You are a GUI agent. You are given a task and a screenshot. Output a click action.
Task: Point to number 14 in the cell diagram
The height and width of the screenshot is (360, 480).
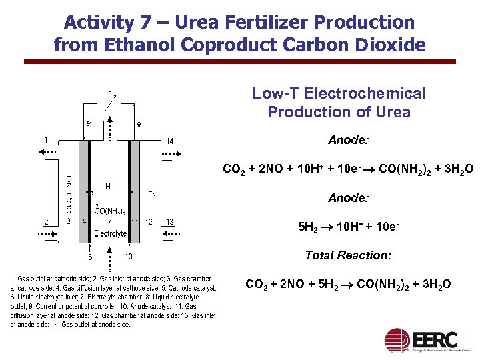point(170,141)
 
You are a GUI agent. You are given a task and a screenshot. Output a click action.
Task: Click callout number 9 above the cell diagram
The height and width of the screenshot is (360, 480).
point(109,93)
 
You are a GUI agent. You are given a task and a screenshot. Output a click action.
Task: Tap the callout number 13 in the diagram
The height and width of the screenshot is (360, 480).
point(170,222)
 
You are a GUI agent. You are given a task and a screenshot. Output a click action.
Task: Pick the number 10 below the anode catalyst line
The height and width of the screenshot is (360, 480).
point(128,257)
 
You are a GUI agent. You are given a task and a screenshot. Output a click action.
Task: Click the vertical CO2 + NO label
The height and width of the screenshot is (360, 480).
point(69,194)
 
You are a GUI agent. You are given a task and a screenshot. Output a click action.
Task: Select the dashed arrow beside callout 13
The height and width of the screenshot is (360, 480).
point(171,234)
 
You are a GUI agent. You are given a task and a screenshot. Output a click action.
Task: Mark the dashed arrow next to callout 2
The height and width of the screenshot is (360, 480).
point(49,234)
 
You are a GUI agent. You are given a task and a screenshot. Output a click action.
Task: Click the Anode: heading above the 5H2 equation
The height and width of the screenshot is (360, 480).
point(348,198)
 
